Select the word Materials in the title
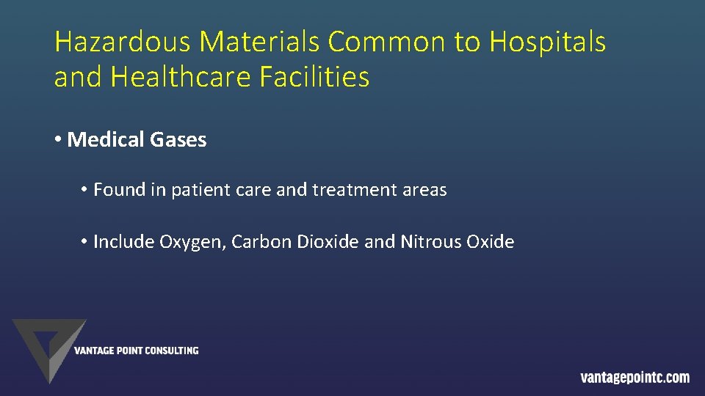coord(260,43)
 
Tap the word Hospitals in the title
coord(548,43)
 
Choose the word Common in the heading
coord(388,43)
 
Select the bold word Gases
coord(181,139)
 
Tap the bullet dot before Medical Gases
coord(58,139)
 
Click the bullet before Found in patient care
coord(85,190)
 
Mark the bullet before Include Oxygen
coord(85,241)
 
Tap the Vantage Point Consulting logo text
coord(136,351)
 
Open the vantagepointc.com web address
coord(634,378)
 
